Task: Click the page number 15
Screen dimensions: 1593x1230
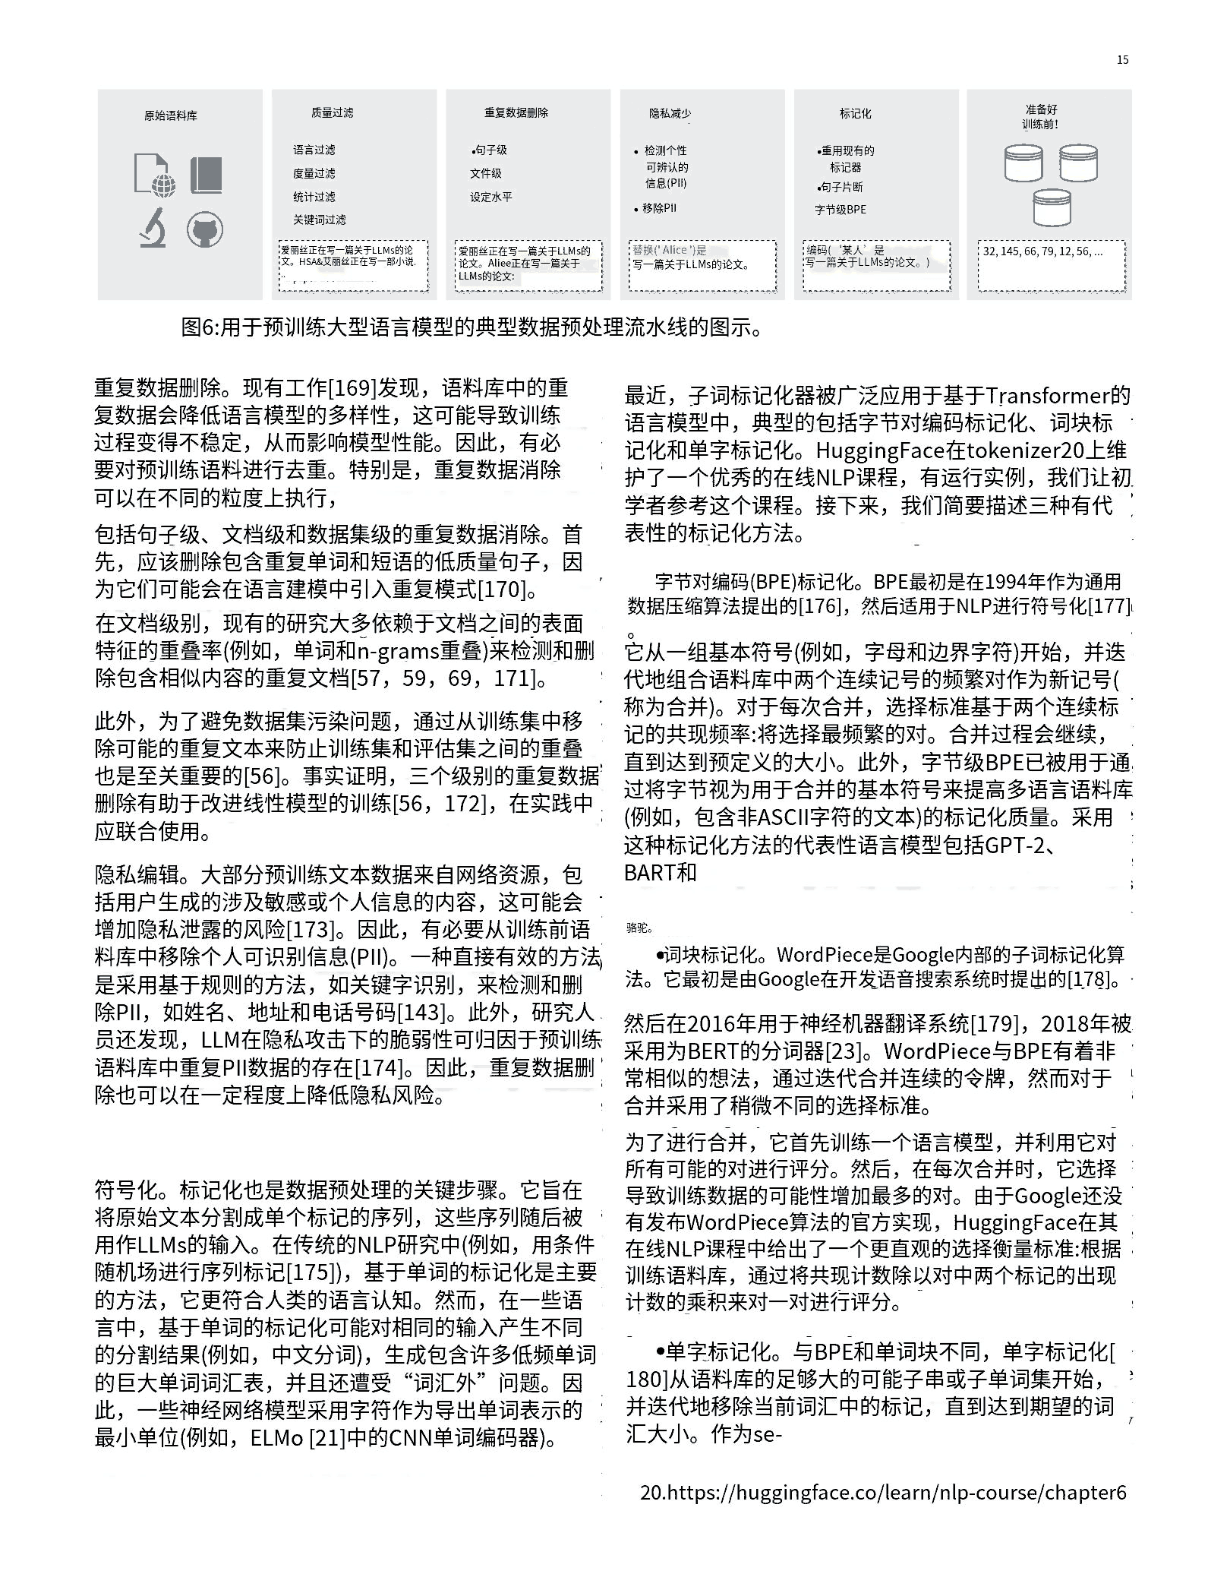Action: click(1123, 60)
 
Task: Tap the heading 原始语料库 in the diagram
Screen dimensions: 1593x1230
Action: click(171, 116)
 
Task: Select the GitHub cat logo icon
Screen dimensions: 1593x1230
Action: click(205, 229)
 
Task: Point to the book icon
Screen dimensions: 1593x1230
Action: click(206, 175)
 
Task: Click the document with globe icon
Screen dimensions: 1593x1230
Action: click(154, 175)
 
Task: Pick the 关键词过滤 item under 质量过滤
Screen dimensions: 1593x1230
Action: click(319, 220)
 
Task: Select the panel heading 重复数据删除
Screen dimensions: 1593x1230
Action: click(516, 113)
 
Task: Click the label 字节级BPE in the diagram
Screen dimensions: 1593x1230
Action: click(840, 210)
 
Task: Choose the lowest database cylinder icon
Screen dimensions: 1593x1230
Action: click(1052, 208)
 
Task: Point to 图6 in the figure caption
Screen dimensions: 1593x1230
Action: click(200, 327)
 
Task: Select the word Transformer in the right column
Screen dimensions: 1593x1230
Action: click(1048, 396)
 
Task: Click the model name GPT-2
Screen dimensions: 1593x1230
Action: click(1014, 845)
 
